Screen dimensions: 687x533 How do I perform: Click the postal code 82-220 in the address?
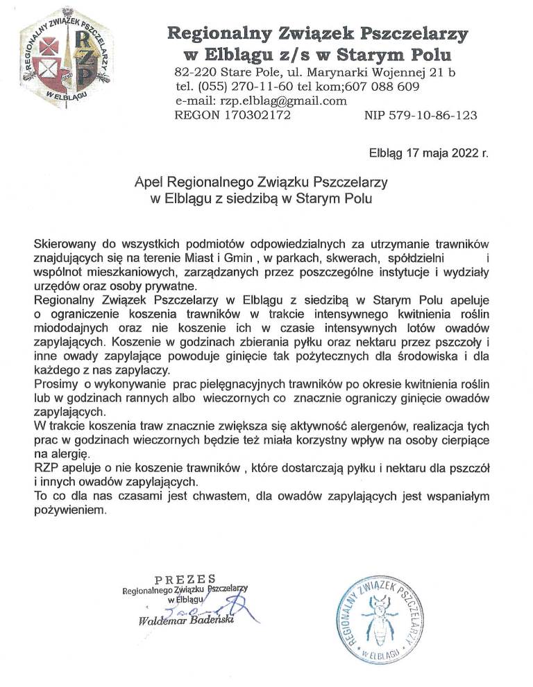[191, 73]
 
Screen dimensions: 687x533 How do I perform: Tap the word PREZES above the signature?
[185, 580]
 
